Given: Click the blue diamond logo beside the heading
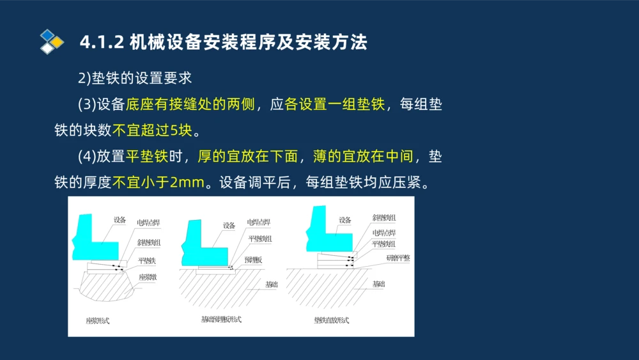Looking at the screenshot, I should [x=52, y=41].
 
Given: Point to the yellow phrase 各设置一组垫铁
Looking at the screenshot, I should [x=335, y=104].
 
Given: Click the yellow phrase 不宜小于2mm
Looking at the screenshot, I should [x=158, y=183].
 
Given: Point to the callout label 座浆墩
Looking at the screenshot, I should [x=148, y=277].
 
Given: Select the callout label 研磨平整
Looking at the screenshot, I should [x=398, y=258].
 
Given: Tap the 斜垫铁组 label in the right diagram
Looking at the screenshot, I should [x=384, y=218].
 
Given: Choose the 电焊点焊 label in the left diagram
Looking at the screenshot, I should [x=148, y=223].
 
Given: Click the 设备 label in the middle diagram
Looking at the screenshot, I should [x=229, y=225].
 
